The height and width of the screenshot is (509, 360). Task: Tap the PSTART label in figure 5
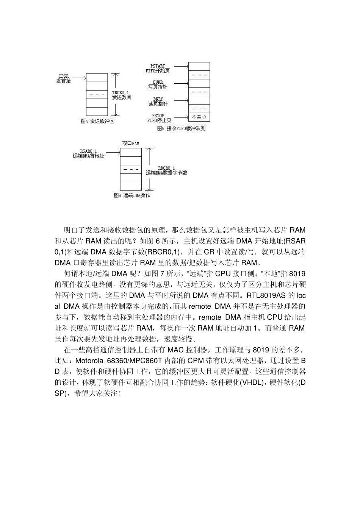pyautogui.click(x=158, y=66)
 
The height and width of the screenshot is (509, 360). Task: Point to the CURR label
pyautogui.click(x=158, y=82)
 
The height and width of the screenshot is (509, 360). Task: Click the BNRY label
pyautogui.click(x=158, y=99)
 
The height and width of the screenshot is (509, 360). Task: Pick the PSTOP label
pyautogui.click(x=158, y=116)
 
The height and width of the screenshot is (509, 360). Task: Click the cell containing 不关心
pyautogui.click(x=199, y=117)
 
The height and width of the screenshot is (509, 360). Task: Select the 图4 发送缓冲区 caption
pyautogui.click(x=97, y=121)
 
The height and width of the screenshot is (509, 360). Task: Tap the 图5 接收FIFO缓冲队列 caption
pyautogui.click(x=181, y=128)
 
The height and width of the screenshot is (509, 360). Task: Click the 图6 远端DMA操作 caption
pyautogui.click(x=131, y=195)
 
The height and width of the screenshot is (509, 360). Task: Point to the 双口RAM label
pyautogui.click(x=130, y=144)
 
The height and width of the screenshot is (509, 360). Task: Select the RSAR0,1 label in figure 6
pyautogui.click(x=88, y=151)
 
